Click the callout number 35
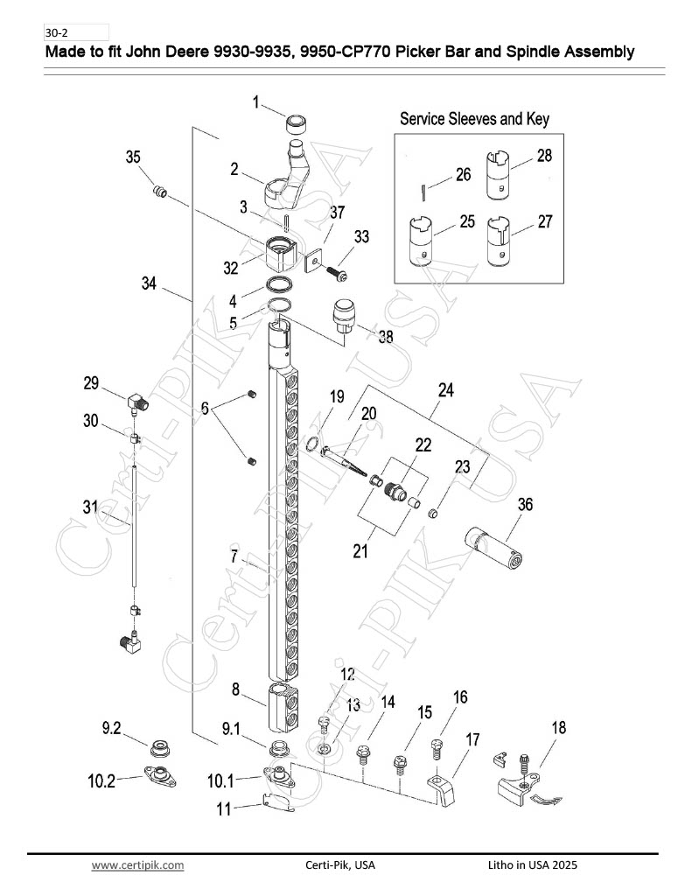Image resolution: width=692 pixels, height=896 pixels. coord(133,157)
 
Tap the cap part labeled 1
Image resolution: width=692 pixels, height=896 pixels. coord(297,123)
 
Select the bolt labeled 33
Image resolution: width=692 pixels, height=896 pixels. coord(336,272)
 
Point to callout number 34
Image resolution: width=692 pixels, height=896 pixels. coord(149,283)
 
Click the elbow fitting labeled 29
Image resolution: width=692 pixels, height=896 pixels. coord(137,402)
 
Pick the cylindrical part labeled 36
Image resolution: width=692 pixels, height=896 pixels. coord(493,548)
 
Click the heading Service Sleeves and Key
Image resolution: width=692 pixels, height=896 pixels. coord(474,119)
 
